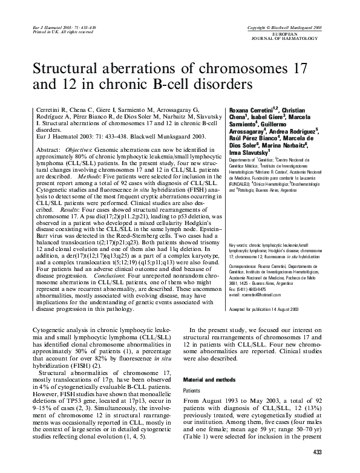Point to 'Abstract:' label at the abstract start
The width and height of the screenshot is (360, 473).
49,149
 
